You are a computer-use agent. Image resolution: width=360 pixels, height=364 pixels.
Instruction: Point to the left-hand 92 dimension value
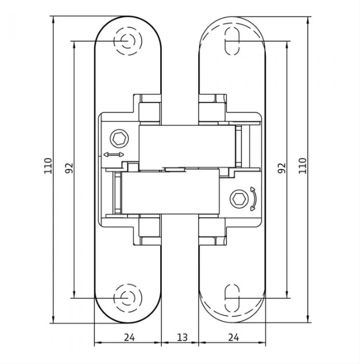69,168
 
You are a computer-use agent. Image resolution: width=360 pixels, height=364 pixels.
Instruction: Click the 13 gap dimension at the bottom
182,337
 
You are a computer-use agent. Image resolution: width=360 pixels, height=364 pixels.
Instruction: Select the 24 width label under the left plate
129,337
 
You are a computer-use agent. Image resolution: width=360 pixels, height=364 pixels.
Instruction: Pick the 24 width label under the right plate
233,337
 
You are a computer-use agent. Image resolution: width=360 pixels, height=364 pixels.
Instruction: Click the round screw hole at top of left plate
127,41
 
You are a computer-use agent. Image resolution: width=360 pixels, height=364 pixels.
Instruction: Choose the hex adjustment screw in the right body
240,198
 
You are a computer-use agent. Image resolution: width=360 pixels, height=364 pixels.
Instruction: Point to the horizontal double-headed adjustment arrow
113,154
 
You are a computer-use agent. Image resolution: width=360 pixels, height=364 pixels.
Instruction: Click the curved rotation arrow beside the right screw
253,198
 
